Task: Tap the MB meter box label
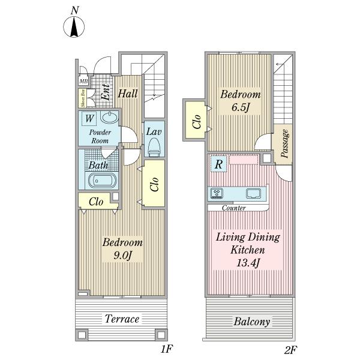tap(83, 81)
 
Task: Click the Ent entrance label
tap(106, 92)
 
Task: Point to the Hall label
tap(128, 94)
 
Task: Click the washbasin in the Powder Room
tap(110, 118)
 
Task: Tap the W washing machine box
tap(89, 118)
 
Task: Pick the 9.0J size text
tap(123, 256)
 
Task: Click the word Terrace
tap(122, 319)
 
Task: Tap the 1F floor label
tap(166, 349)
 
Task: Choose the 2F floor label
tap(290, 350)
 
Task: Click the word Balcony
tap(251, 322)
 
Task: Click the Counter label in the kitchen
tap(234, 208)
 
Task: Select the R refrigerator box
tap(219, 164)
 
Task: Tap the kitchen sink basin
tap(253, 193)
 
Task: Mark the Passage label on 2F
tap(284, 143)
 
